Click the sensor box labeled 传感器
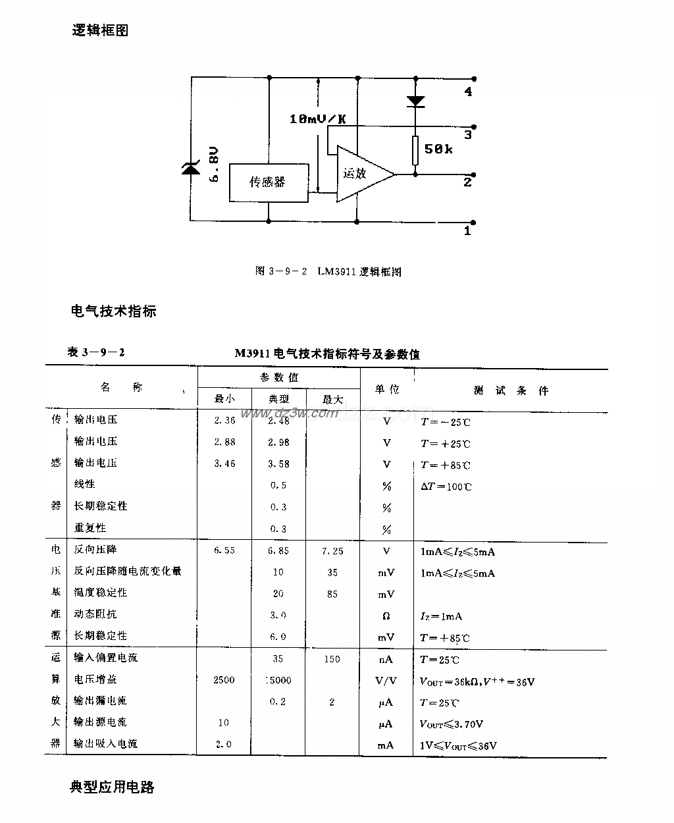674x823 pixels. (268, 182)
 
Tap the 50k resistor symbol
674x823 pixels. (415, 150)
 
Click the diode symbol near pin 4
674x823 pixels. (415, 101)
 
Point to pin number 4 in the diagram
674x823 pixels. (468, 92)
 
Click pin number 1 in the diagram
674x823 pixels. (468, 231)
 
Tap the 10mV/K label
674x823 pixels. (318, 119)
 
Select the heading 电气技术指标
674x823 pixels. (113, 311)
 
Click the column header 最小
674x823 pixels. (224, 399)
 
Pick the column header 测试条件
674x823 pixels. (510, 390)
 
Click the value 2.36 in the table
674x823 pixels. (224, 421)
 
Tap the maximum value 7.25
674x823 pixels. (332, 551)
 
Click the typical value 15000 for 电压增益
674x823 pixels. (278, 680)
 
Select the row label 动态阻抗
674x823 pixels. (95, 614)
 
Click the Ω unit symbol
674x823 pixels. (386, 616)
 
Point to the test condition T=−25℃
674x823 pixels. (446, 422)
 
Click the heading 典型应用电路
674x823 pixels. (112, 787)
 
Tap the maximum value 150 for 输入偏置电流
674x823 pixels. (332, 659)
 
